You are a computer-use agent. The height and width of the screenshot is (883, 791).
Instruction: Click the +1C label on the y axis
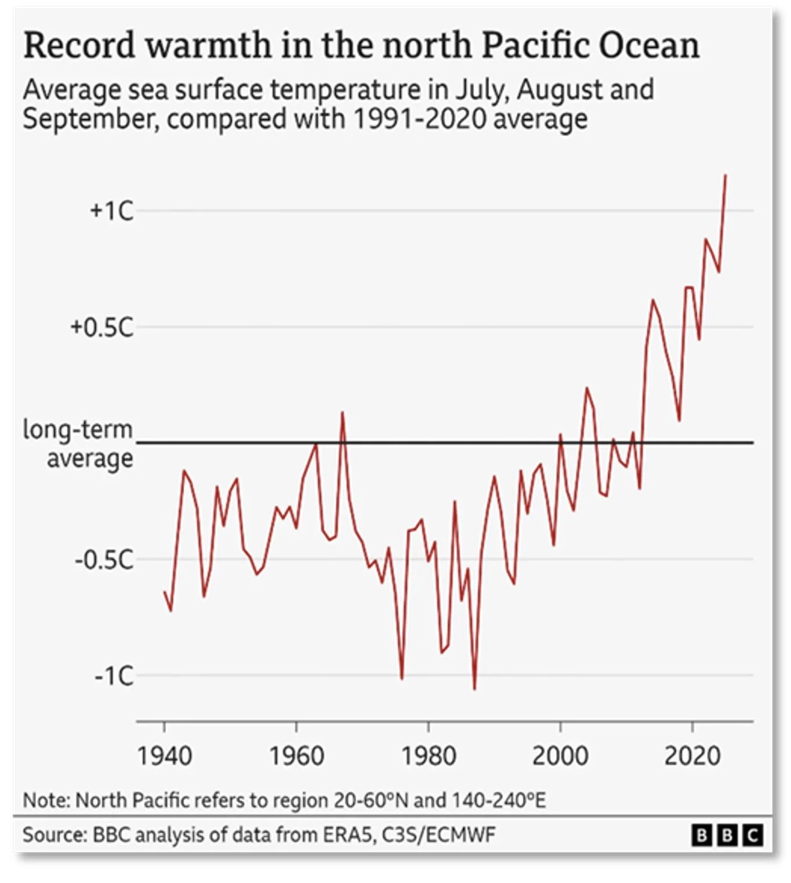(x=111, y=211)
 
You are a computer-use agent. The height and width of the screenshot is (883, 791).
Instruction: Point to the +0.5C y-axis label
(x=101, y=327)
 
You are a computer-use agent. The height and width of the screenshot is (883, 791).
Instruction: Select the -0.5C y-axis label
(x=104, y=560)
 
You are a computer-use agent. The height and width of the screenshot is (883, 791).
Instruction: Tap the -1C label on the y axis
(x=114, y=676)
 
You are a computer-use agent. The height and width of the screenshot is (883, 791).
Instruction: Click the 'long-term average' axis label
(x=78, y=444)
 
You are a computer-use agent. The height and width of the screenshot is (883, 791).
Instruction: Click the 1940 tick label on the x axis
(x=164, y=757)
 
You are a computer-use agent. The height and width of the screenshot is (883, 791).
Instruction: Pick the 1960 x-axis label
(x=296, y=757)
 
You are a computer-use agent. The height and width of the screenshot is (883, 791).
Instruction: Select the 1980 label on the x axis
(x=429, y=757)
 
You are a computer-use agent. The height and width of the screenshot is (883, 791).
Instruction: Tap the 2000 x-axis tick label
(x=560, y=757)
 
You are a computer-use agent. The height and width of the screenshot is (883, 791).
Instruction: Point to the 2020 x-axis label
(x=692, y=757)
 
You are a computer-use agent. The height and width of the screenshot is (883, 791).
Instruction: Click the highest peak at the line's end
(x=725, y=175)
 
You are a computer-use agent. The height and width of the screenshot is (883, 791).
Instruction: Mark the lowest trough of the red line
(x=474, y=689)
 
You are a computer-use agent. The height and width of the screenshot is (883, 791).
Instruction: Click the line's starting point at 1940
(x=165, y=592)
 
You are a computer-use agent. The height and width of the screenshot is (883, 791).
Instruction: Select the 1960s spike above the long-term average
(x=342, y=412)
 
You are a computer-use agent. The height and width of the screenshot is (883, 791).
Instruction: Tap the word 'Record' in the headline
(x=79, y=46)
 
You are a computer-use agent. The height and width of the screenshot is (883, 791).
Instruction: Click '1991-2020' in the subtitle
(x=419, y=119)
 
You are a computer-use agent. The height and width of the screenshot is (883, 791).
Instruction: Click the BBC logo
(x=727, y=835)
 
